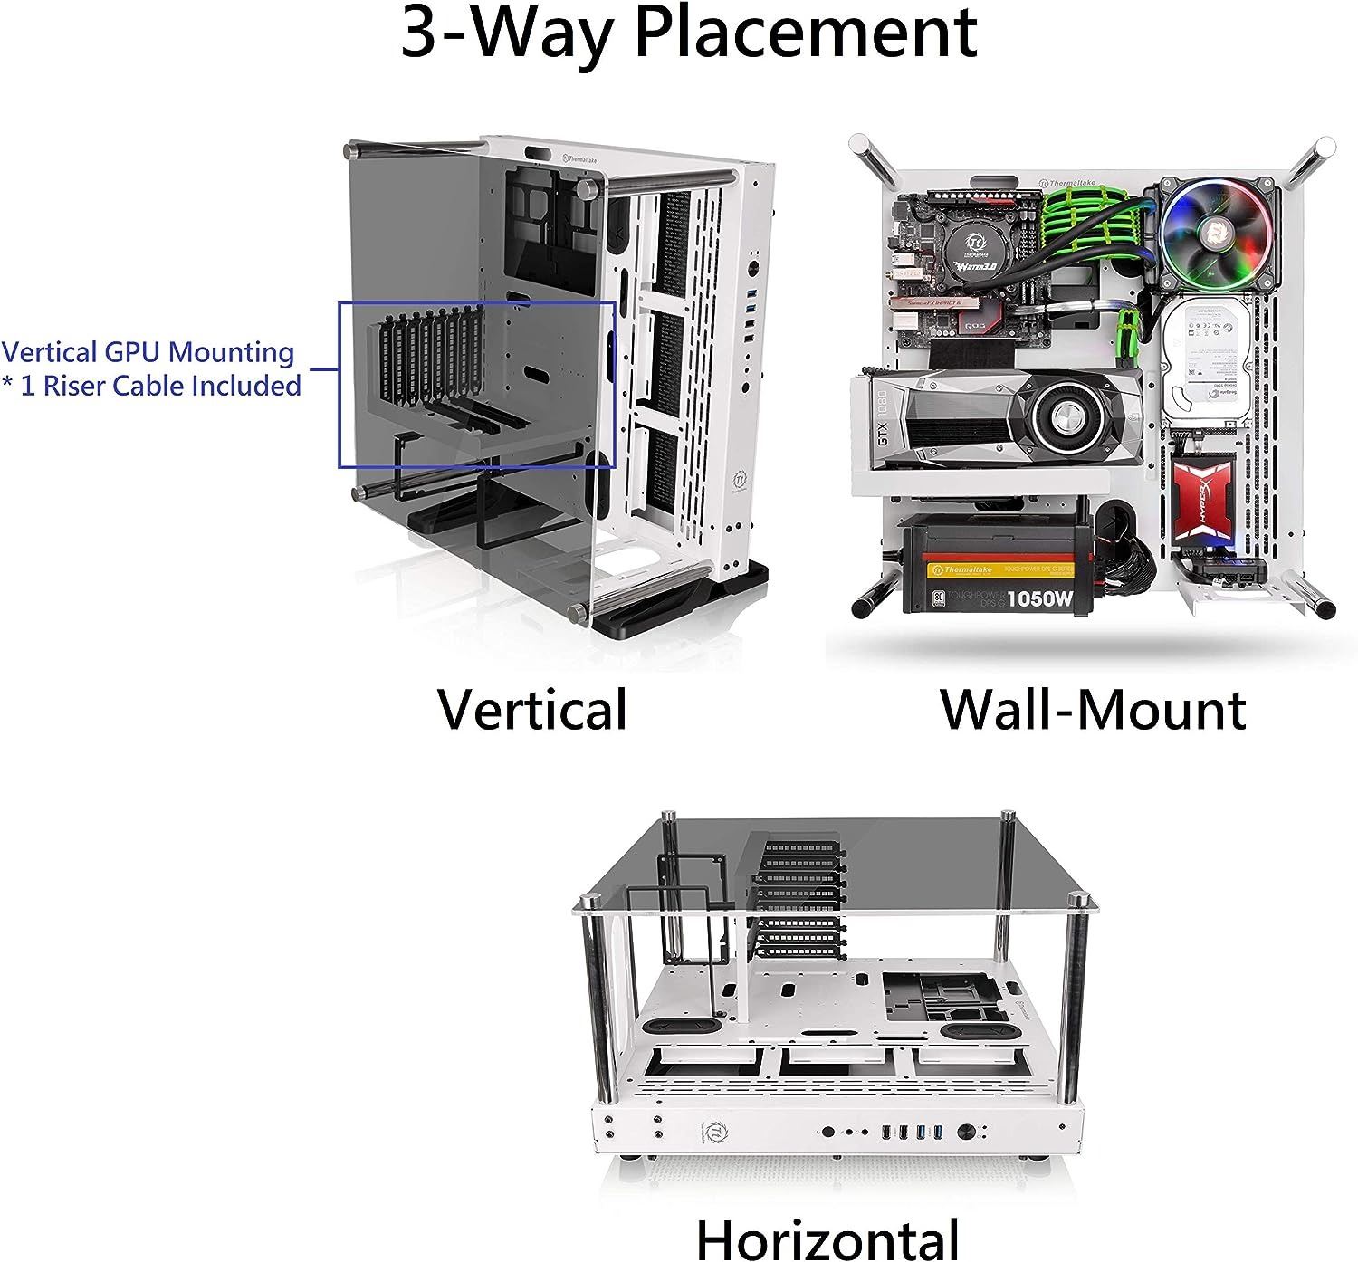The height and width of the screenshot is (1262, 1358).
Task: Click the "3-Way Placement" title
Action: (x=688, y=33)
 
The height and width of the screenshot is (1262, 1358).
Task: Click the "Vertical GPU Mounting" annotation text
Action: (x=148, y=352)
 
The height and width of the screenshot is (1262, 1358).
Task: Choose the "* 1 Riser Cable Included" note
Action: (x=151, y=386)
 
